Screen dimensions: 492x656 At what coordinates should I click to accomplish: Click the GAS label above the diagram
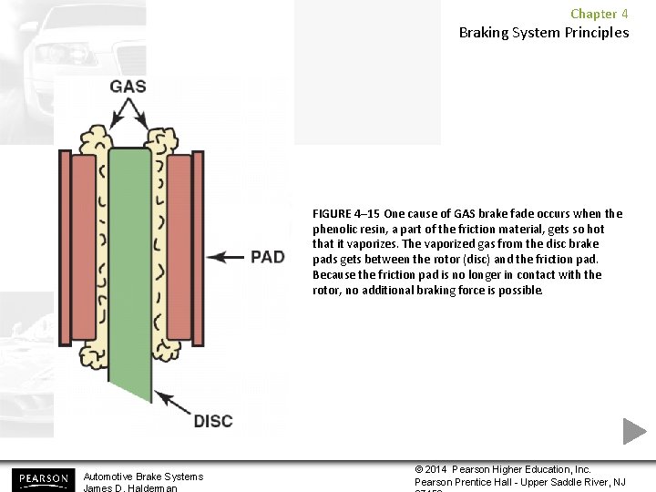[128, 87]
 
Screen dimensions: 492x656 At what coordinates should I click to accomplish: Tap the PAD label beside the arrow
[267, 257]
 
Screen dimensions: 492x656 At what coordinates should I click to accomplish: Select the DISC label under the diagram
[213, 421]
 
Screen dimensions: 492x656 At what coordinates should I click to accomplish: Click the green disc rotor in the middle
[129, 264]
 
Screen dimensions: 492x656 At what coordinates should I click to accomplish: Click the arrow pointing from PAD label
[224, 258]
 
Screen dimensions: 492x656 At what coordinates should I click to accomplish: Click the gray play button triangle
[633, 431]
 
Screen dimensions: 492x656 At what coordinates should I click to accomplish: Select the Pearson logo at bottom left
[43, 478]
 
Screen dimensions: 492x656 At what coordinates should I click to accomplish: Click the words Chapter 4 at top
[599, 14]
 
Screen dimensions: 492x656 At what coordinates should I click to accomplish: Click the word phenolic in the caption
[334, 230]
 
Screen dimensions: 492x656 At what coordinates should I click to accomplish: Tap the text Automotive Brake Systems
[143, 477]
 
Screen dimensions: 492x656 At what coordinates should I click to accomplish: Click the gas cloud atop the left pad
[94, 139]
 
